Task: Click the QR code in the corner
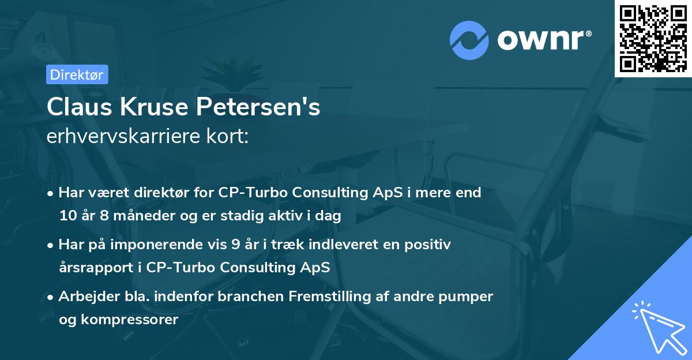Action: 653,39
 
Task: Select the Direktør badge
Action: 77,74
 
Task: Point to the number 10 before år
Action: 67,216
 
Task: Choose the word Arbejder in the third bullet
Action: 85,297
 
